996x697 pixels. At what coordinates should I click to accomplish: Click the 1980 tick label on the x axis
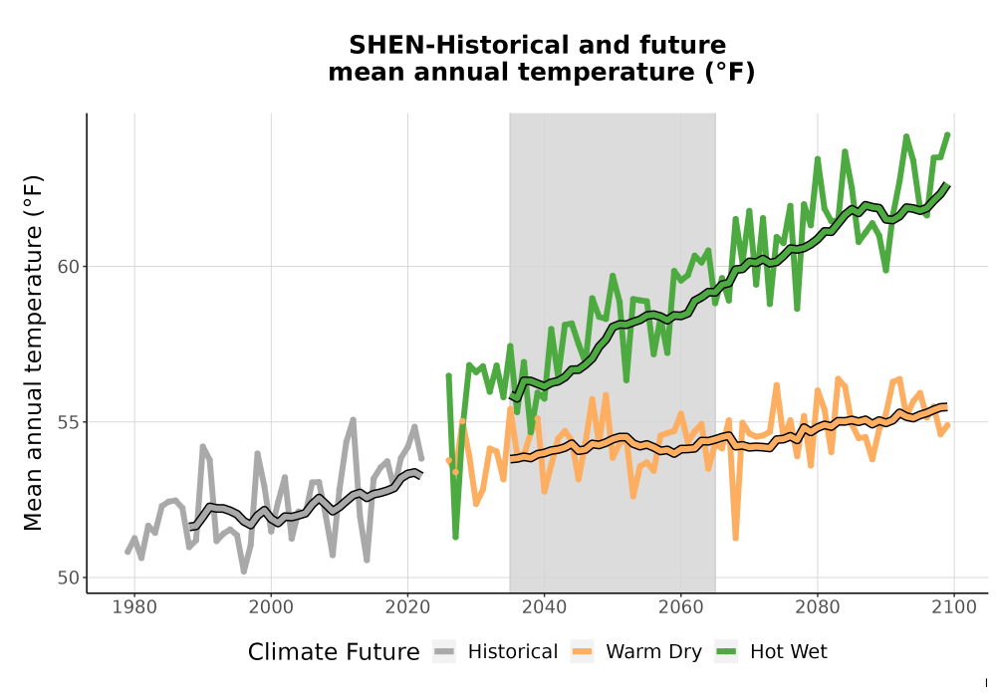pos(134,607)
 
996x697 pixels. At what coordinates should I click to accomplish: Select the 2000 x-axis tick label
pos(271,607)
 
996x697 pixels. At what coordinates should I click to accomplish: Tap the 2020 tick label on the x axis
pos(407,607)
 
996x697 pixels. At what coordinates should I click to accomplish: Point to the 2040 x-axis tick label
pos(545,607)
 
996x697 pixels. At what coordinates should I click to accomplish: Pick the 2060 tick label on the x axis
pos(681,607)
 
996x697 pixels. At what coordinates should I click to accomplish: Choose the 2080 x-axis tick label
pos(818,607)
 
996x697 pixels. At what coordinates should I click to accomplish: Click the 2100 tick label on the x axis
pos(954,607)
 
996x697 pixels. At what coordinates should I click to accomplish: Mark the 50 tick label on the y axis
pos(69,578)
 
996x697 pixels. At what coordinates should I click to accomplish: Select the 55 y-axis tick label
pos(69,422)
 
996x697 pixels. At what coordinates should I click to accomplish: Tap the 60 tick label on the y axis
pos(69,267)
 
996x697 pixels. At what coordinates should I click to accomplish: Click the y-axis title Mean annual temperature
pos(33,352)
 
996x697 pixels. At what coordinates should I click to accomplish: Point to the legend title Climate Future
pos(334,652)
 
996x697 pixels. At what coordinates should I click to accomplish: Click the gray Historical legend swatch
pos(444,652)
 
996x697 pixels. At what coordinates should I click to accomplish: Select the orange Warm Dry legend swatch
pos(582,652)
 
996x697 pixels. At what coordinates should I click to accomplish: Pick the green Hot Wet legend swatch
pos(726,652)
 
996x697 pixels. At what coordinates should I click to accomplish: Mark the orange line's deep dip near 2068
pos(736,538)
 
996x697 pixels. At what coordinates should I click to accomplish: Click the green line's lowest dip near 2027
pos(455,537)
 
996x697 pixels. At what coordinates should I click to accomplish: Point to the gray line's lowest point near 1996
pos(244,571)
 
